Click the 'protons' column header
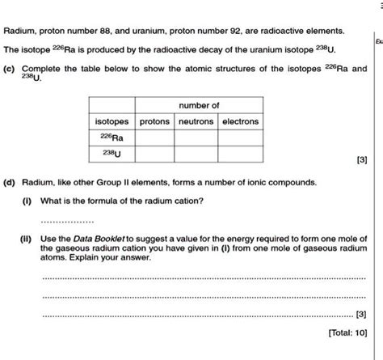click(154, 121)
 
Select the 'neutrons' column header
click(194, 121)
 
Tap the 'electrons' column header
click(239, 121)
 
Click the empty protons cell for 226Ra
click(154, 137)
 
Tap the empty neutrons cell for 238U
click(194, 153)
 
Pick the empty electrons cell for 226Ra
click(239, 137)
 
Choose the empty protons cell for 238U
click(154, 153)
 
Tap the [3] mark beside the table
click(360, 160)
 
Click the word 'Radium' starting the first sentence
click(19, 31)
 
